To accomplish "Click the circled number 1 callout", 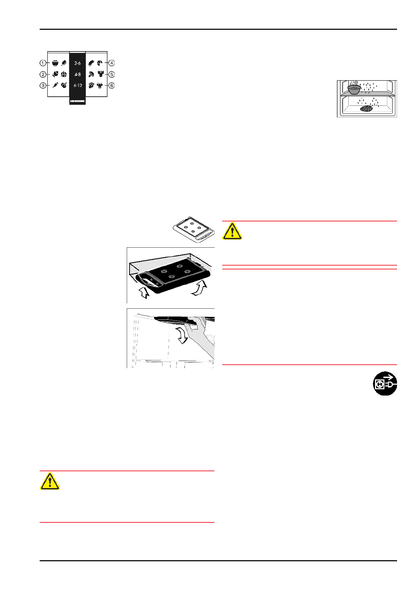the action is click(x=43, y=63).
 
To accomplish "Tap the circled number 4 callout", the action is click(x=111, y=63).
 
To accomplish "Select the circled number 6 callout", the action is click(x=111, y=85).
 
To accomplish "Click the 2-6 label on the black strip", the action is click(x=77, y=63).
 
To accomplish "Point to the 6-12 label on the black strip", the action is click(x=77, y=85).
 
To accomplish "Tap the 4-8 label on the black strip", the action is click(x=77, y=75).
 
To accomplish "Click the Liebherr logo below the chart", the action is click(x=77, y=101).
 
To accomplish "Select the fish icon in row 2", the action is click(x=55, y=74).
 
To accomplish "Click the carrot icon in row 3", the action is click(x=55, y=85).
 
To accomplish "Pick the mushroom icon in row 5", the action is click(x=91, y=74).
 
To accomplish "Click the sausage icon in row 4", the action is click(x=91, y=63).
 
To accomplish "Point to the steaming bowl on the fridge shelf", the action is click(x=354, y=89).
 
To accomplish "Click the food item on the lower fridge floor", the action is click(x=366, y=109).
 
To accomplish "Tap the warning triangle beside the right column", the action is click(x=232, y=231).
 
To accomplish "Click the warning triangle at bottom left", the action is click(x=50, y=481).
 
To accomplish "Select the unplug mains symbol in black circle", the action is click(x=385, y=384).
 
